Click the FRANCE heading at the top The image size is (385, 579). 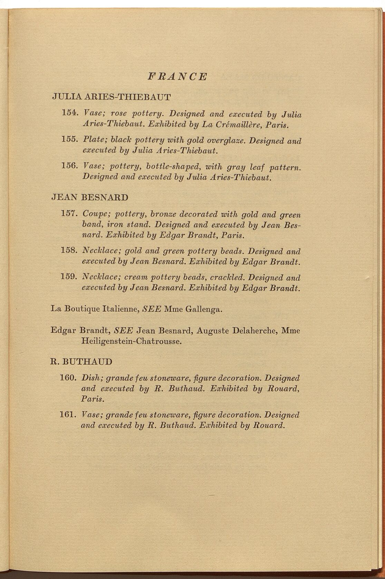(x=177, y=76)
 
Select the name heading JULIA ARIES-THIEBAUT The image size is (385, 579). (x=111, y=97)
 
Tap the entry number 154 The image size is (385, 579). (x=70, y=113)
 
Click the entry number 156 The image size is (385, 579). (x=70, y=166)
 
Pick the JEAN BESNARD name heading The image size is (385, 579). (x=89, y=198)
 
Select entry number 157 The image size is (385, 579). (x=70, y=214)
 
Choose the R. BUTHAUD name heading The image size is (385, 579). (x=81, y=362)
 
